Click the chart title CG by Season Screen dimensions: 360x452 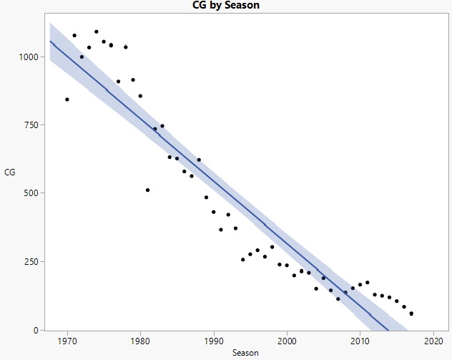coord(226,5)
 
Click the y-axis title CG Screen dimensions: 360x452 coord(9,172)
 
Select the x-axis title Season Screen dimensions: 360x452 coord(245,353)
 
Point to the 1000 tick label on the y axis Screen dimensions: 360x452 coord(33,56)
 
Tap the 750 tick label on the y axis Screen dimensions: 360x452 coord(35,125)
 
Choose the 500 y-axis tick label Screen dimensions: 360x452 coord(35,193)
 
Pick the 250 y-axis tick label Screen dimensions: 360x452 coord(35,261)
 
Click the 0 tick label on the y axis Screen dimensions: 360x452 coord(40,330)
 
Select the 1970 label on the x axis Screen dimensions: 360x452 coord(67,341)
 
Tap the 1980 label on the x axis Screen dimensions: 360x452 coord(140,341)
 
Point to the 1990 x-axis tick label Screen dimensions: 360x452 coord(214,341)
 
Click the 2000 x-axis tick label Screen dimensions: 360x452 coord(287,341)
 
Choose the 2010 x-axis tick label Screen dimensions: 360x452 coord(360,341)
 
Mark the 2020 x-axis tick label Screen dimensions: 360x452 coord(433,341)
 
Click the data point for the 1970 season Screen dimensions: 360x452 coord(67,99)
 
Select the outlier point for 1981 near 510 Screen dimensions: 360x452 coord(147,190)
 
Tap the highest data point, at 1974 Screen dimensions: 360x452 coord(97,31)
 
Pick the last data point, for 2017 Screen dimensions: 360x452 coord(411,313)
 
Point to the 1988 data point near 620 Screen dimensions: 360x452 coord(199,160)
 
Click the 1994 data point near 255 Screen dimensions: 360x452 coord(242,260)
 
